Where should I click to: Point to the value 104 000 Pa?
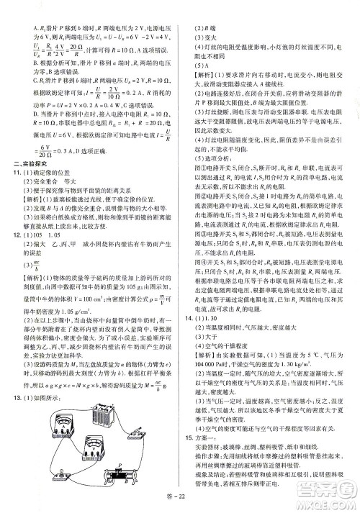coord(207,366)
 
